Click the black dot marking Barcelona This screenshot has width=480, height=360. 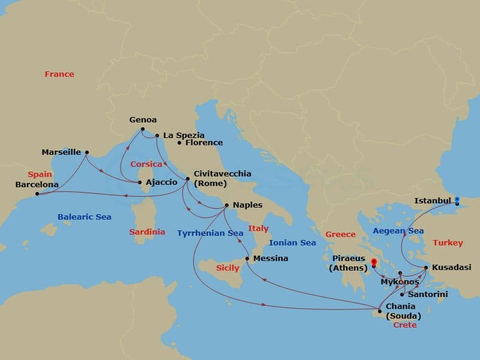[x=37, y=194]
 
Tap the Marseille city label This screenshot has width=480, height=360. [x=61, y=152]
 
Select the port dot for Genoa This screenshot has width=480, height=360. [x=142, y=129]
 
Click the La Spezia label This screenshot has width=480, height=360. [x=184, y=136]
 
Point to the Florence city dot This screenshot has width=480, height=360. [x=179, y=143]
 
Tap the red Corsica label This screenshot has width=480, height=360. [x=146, y=164]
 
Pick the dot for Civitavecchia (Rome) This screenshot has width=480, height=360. [x=188, y=179]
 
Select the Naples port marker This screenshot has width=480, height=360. [x=226, y=205]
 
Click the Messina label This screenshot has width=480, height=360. [x=271, y=259]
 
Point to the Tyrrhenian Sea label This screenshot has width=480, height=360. [x=210, y=233]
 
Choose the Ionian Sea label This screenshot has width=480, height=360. [x=292, y=243]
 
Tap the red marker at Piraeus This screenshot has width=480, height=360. [x=374, y=262]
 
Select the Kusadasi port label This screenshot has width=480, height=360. [x=451, y=267]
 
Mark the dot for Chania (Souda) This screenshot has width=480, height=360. [x=379, y=310]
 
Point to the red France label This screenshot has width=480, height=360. [x=59, y=74]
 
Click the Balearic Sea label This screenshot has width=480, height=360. [x=85, y=217]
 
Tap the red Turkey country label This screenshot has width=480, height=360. [x=448, y=243]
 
